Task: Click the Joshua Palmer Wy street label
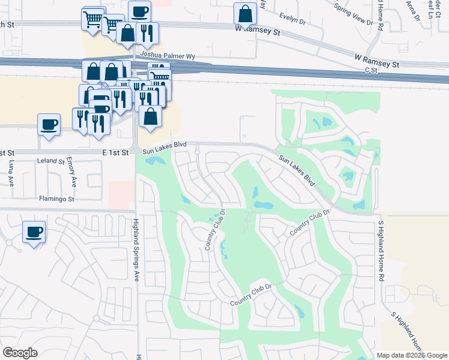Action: [167, 56]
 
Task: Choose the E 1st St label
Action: [116, 153]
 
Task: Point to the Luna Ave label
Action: [11, 173]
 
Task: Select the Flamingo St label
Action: [56, 199]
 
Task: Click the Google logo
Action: [20, 353]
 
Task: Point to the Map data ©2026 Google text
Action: [411, 355]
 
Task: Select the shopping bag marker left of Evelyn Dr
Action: [245, 13]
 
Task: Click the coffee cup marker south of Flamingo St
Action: [34, 231]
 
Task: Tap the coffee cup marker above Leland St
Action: [49, 124]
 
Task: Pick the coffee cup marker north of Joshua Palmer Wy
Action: [139, 11]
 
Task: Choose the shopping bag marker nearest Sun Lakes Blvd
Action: [150, 116]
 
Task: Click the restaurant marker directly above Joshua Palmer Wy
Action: [147, 32]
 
